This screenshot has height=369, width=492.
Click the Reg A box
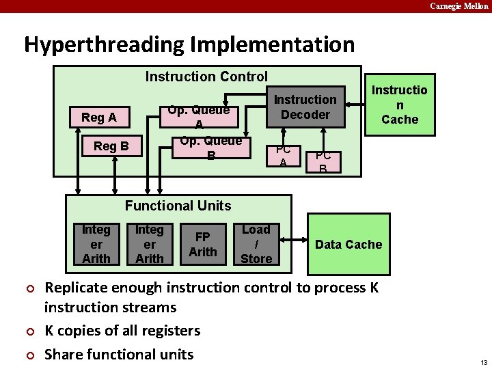click(99, 118)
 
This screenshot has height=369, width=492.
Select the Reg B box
click(111, 146)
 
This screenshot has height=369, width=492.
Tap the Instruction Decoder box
click(305, 107)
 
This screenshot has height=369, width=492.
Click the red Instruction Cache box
click(399, 105)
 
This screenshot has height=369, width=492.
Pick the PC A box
click(283, 156)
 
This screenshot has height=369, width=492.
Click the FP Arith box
click(203, 245)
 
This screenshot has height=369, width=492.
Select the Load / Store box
click(256, 244)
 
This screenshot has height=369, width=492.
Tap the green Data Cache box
click(348, 244)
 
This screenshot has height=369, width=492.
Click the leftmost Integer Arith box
click(96, 244)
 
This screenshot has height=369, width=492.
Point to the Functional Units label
click(178, 206)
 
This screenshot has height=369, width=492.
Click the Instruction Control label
click(206, 77)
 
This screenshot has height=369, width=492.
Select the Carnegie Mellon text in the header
click(459, 6)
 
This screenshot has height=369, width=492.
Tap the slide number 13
click(484, 361)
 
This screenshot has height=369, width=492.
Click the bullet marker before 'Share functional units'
click(30, 355)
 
